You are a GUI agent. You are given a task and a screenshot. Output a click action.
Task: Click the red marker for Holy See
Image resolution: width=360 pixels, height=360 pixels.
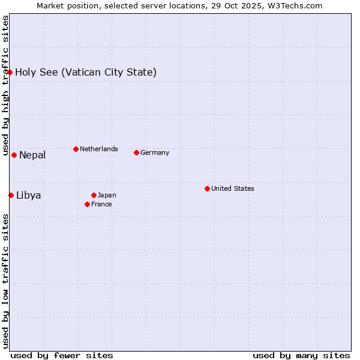10,72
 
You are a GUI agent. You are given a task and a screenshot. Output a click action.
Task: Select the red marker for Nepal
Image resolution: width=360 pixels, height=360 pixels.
14,155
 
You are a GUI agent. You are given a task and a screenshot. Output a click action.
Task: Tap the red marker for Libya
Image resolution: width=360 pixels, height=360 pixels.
11,195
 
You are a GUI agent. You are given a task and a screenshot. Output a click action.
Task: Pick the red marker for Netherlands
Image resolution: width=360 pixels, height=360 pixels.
76,149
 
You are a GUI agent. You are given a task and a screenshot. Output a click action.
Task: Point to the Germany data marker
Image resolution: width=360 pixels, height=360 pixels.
136,152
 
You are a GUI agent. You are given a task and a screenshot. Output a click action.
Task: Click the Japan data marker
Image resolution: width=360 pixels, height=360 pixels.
94,195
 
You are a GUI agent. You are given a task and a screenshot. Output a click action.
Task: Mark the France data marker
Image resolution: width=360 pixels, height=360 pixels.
87,204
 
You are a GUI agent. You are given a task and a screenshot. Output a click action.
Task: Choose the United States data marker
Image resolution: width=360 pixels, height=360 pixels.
207,188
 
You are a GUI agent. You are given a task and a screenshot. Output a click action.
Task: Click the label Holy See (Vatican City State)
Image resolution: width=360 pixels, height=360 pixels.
86,73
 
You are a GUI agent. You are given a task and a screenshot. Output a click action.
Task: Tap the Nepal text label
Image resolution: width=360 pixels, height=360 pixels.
32,155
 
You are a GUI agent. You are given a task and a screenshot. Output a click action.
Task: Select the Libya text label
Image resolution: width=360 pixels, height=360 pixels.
29,196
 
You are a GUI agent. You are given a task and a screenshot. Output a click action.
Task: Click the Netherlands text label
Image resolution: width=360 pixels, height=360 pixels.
99,149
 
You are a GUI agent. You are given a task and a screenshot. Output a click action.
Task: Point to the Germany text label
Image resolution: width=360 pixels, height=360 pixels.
155,152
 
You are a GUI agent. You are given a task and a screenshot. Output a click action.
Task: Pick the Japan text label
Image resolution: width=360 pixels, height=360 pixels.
107,195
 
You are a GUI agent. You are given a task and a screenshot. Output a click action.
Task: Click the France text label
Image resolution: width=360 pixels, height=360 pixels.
101,204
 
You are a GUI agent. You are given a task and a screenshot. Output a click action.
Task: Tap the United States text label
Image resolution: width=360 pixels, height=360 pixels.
233,188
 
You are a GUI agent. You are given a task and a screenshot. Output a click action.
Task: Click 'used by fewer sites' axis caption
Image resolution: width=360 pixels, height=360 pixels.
62,355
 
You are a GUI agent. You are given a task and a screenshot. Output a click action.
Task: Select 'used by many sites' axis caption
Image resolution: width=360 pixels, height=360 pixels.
301,355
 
